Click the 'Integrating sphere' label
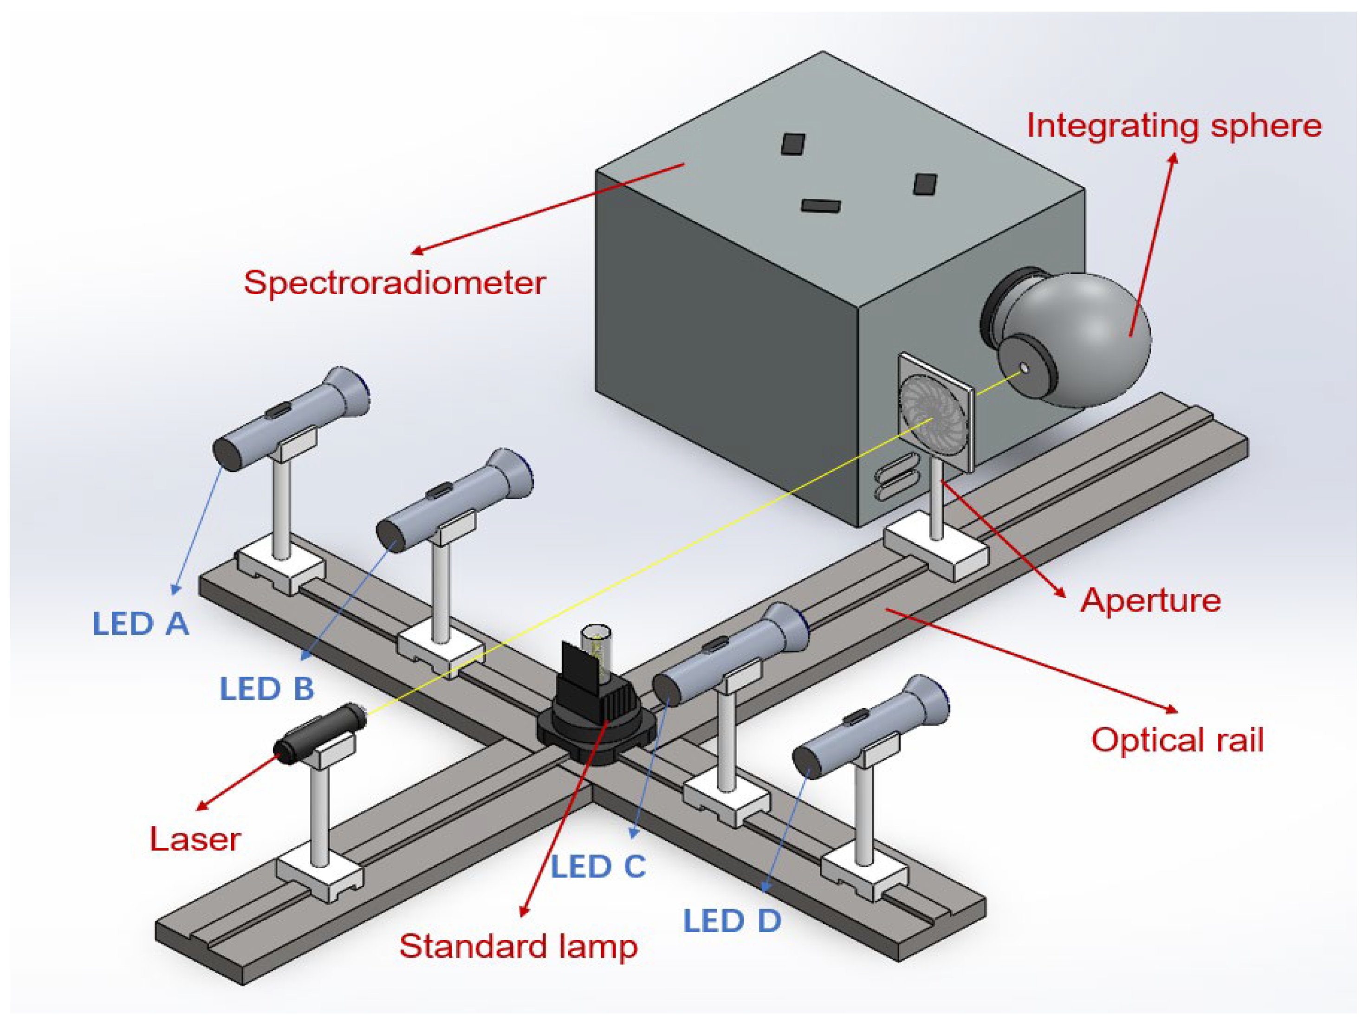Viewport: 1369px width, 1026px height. tap(1174, 127)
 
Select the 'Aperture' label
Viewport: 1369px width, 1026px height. tap(1150, 600)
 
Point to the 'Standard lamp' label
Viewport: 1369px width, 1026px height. tap(518, 947)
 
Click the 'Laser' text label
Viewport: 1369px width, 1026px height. tap(195, 840)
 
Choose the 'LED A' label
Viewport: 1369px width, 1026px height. tap(141, 624)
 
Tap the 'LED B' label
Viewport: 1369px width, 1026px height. tap(267, 689)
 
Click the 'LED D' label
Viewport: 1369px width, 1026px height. tap(732, 922)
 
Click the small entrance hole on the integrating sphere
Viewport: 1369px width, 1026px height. tap(1024, 368)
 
